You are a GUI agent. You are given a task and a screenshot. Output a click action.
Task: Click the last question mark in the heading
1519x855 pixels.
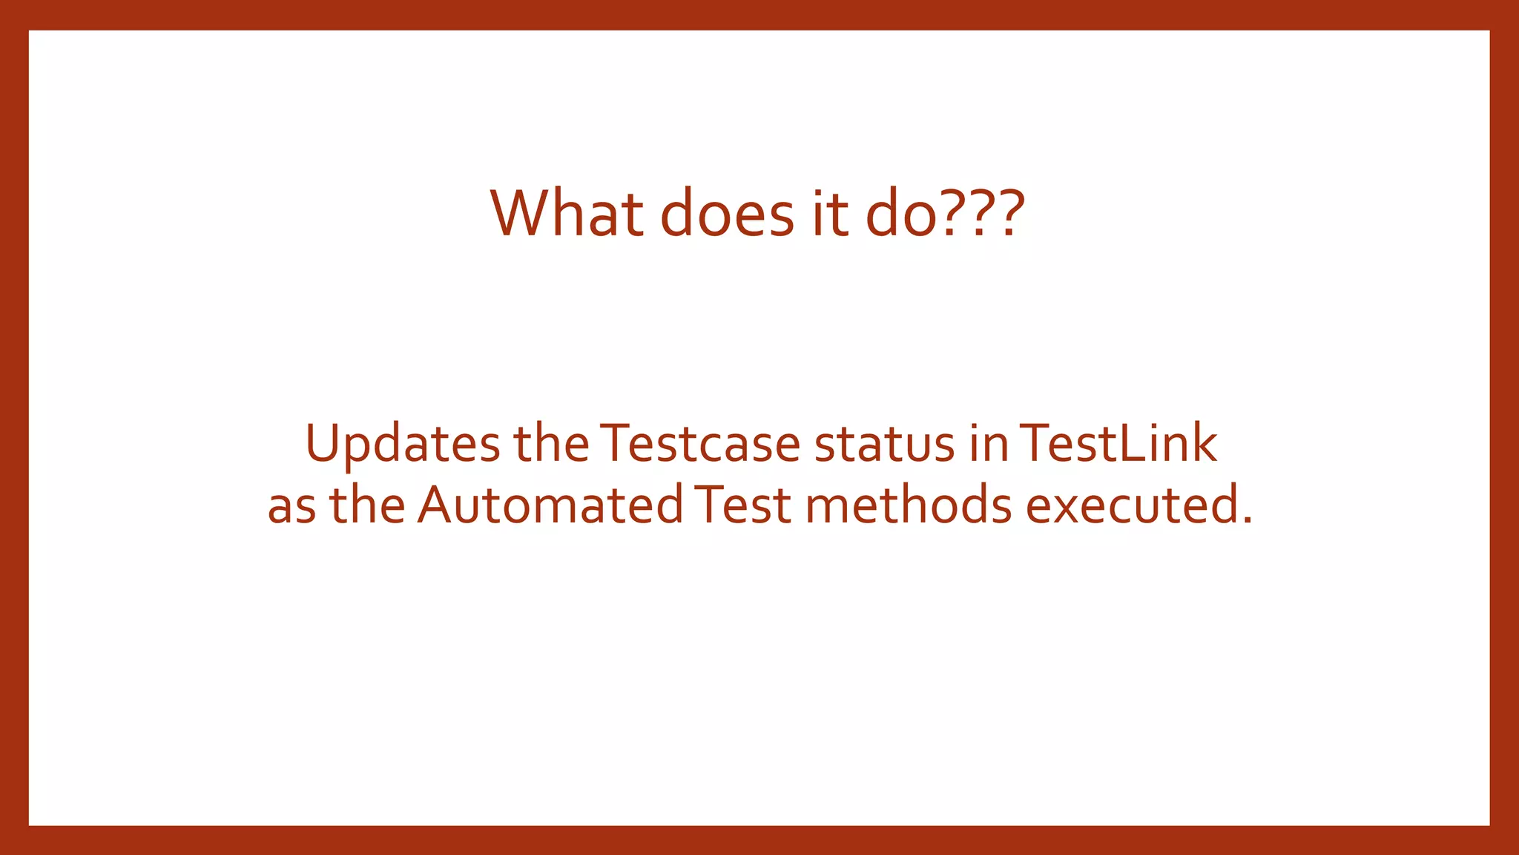tap(1008, 213)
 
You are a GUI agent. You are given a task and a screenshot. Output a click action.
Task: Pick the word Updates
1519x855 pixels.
tap(403, 444)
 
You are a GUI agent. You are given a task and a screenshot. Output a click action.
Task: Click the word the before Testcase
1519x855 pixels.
tap(551, 443)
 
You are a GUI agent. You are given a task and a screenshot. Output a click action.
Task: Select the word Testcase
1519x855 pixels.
tap(700, 443)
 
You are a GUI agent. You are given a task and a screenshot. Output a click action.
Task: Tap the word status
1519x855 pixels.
tap(884, 443)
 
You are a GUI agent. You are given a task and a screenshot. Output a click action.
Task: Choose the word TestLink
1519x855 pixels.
tap(1118, 443)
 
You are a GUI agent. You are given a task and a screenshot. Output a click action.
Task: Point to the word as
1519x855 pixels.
tap(291, 505)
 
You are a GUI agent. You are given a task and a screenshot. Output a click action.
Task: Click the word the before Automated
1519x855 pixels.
tap(366, 505)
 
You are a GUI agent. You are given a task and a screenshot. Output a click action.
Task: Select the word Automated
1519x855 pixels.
tap(550, 505)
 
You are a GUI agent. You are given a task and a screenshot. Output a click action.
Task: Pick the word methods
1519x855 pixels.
tap(909, 505)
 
